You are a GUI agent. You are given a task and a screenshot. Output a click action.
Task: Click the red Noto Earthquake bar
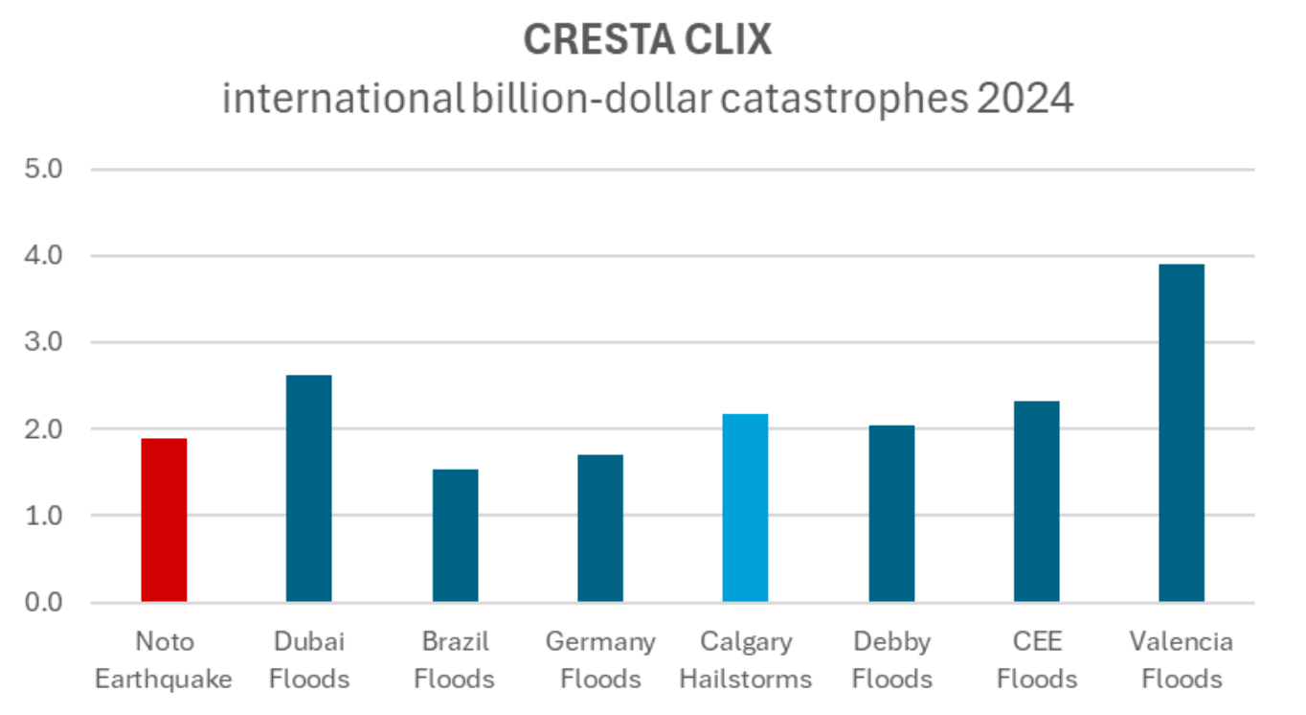click(x=164, y=520)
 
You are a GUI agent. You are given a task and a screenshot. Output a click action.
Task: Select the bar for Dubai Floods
click(x=308, y=489)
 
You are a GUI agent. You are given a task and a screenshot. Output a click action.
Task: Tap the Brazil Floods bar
click(x=455, y=536)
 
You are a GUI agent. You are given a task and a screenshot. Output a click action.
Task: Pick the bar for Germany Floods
click(x=599, y=528)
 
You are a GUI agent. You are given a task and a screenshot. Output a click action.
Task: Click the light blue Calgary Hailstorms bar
click(x=745, y=508)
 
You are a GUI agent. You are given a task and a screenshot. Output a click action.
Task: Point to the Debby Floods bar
click(x=891, y=514)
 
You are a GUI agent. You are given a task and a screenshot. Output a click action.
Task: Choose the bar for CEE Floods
click(x=1036, y=501)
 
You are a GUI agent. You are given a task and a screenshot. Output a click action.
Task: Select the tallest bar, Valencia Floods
click(x=1181, y=433)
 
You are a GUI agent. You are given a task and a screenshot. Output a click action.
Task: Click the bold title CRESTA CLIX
click(x=647, y=40)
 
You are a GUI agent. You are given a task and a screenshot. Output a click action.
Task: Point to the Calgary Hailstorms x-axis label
click(x=745, y=660)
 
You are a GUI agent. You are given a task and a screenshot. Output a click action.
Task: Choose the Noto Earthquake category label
click(x=164, y=660)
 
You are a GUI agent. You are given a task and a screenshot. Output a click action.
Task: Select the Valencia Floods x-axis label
click(x=1181, y=660)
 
